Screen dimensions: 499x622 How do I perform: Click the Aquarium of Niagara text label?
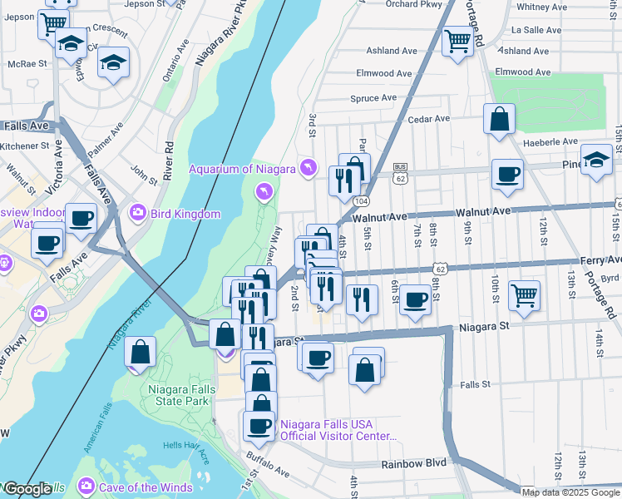coord(242,169)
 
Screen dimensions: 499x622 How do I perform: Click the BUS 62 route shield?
coord(401,173)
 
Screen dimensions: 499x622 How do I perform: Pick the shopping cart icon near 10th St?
coord(524,295)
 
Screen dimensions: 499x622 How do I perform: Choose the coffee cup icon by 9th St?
coord(507,175)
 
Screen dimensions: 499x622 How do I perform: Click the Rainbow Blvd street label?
coord(414,463)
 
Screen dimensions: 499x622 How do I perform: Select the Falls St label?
coord(475,385)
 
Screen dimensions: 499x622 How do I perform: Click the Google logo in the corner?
coord(27,489)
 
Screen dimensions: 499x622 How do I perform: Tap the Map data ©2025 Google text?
coord(570,492)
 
